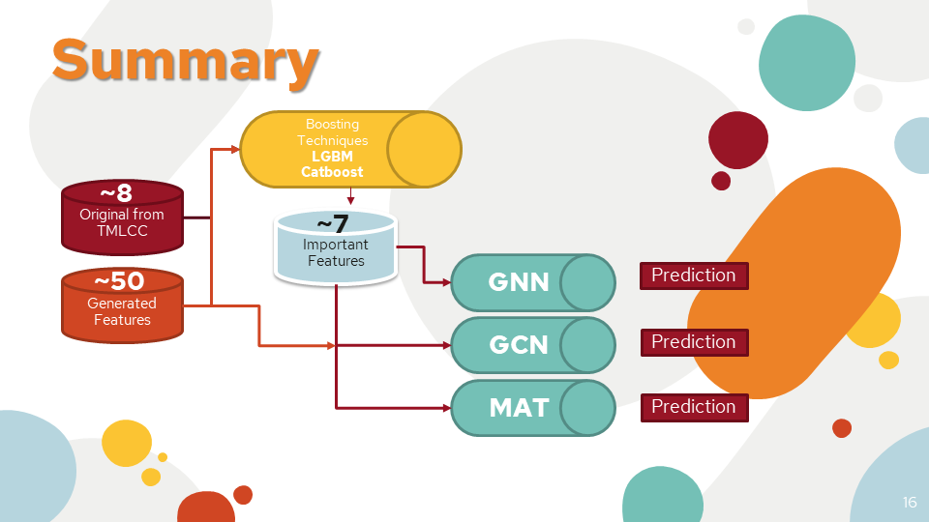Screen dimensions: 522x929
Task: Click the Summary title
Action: click(185, 60)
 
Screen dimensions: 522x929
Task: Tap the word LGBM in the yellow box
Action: click(332, 156)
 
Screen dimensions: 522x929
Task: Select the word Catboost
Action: click(332, 172)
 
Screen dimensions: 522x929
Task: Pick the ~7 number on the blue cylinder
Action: click(334, 225)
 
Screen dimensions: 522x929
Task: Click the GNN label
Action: click(519, 281)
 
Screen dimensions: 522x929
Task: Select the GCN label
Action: click(519, 344)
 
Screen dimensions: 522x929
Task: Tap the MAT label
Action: click(519, 408)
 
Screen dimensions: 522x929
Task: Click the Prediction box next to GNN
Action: click(694, 275)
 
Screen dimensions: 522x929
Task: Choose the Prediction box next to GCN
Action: click(694, 342)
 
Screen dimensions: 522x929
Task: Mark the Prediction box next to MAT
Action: click(694, 407)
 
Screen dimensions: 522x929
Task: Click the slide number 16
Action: click(910, 503)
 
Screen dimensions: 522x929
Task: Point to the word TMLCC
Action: click(122, 230)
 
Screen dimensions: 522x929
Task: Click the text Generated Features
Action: click(122, 311)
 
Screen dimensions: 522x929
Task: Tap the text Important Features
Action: click(336, 252)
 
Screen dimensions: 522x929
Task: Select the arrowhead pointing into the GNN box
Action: click(447, 282)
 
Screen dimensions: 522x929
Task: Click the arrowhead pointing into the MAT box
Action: click(447, 407)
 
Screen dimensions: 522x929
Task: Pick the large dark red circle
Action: click(738, 139)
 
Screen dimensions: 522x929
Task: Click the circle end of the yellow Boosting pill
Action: click(424, 149)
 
